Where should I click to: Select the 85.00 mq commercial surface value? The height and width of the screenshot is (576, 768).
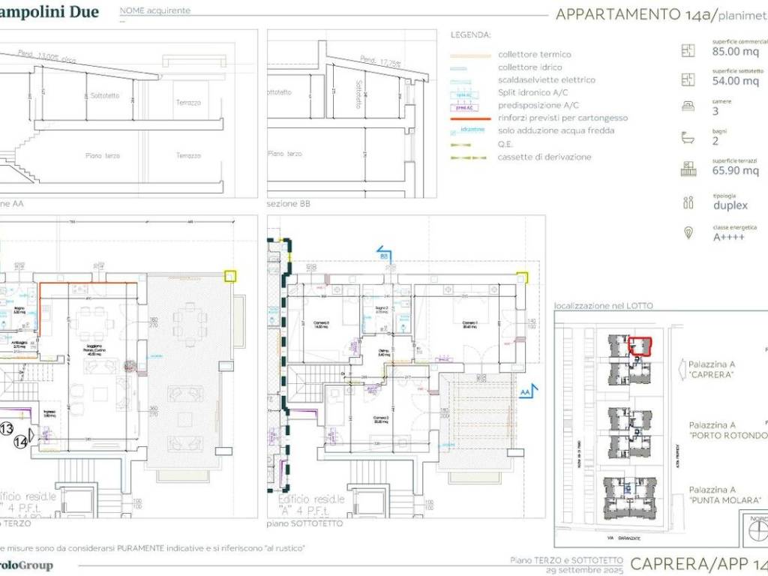736,52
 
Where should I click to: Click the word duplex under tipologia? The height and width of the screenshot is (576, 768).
730,205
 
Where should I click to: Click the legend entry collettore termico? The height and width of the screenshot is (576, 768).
534,55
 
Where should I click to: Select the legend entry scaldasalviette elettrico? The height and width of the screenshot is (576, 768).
546,80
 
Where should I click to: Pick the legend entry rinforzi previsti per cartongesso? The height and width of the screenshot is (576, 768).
562,118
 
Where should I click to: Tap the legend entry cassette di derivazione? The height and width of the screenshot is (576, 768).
544,157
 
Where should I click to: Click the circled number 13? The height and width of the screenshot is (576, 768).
7,428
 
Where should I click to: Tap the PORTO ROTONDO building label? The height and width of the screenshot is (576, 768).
727,435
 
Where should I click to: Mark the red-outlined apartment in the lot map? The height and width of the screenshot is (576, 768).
639,346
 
